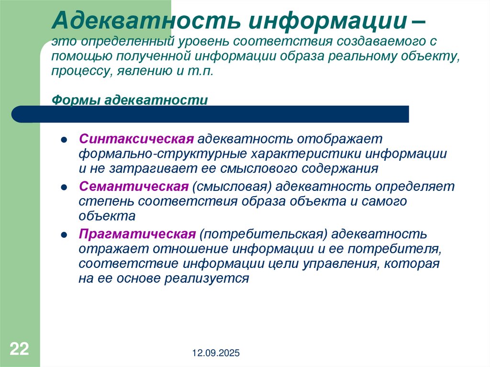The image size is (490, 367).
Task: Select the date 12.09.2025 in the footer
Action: coord(216,354)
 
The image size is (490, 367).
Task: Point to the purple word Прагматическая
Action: coord(137,234)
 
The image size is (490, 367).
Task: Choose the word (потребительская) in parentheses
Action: coord(263,234)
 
